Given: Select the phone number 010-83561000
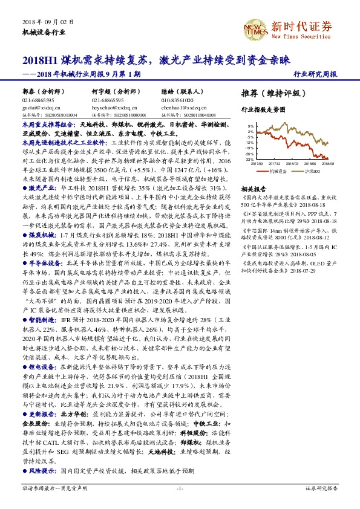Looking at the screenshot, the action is (x=177, y=100).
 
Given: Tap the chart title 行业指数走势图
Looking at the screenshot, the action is (x=262, y=111).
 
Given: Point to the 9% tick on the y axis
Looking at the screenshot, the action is (x=250, y=127).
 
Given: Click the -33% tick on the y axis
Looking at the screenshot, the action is (x=249, y=158).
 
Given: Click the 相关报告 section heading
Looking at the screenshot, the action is (x=254, y=189).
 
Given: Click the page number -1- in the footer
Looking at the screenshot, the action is (x=180, y=488).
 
